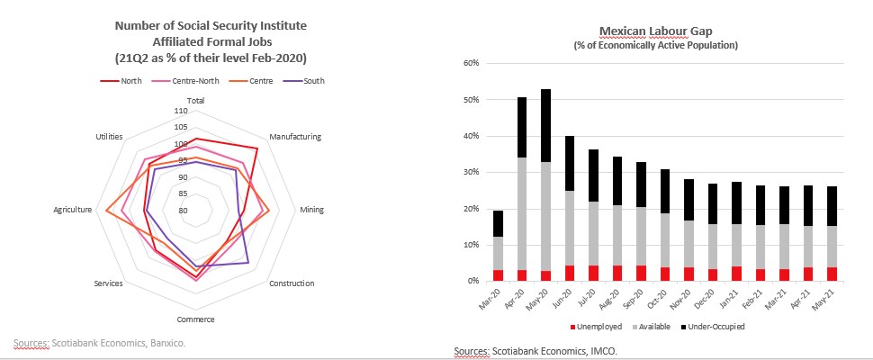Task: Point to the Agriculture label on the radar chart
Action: (x=73, y=210)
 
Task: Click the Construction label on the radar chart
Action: (x=292, y=283)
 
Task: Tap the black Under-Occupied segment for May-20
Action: (x=545, y=125)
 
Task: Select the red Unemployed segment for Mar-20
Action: (x=498, y=275)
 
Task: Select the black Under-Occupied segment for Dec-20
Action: (x=712, y=204)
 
